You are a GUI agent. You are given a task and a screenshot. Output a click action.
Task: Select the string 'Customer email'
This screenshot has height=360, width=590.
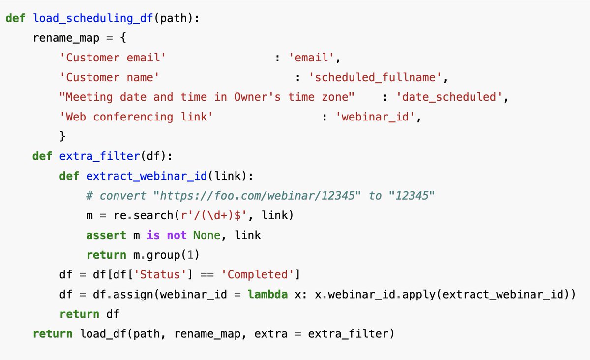coord(113,58)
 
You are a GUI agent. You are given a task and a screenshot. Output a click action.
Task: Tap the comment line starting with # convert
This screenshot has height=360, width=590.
coord(261,196)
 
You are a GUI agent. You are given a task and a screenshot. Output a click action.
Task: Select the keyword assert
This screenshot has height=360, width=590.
coord(106,235)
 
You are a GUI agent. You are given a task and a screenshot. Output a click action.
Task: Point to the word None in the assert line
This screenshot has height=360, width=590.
coord(206,235)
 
